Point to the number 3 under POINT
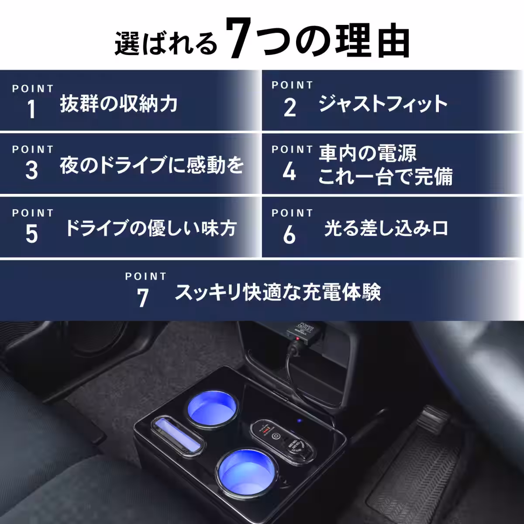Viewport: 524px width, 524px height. [x=31, y=170]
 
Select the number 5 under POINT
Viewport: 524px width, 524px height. [x=31, y=234]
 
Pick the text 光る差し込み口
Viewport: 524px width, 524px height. [x=386, y=228]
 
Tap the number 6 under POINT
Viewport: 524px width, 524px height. [x=289, y=235]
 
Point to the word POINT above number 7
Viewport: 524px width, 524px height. [x=146, y=276]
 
